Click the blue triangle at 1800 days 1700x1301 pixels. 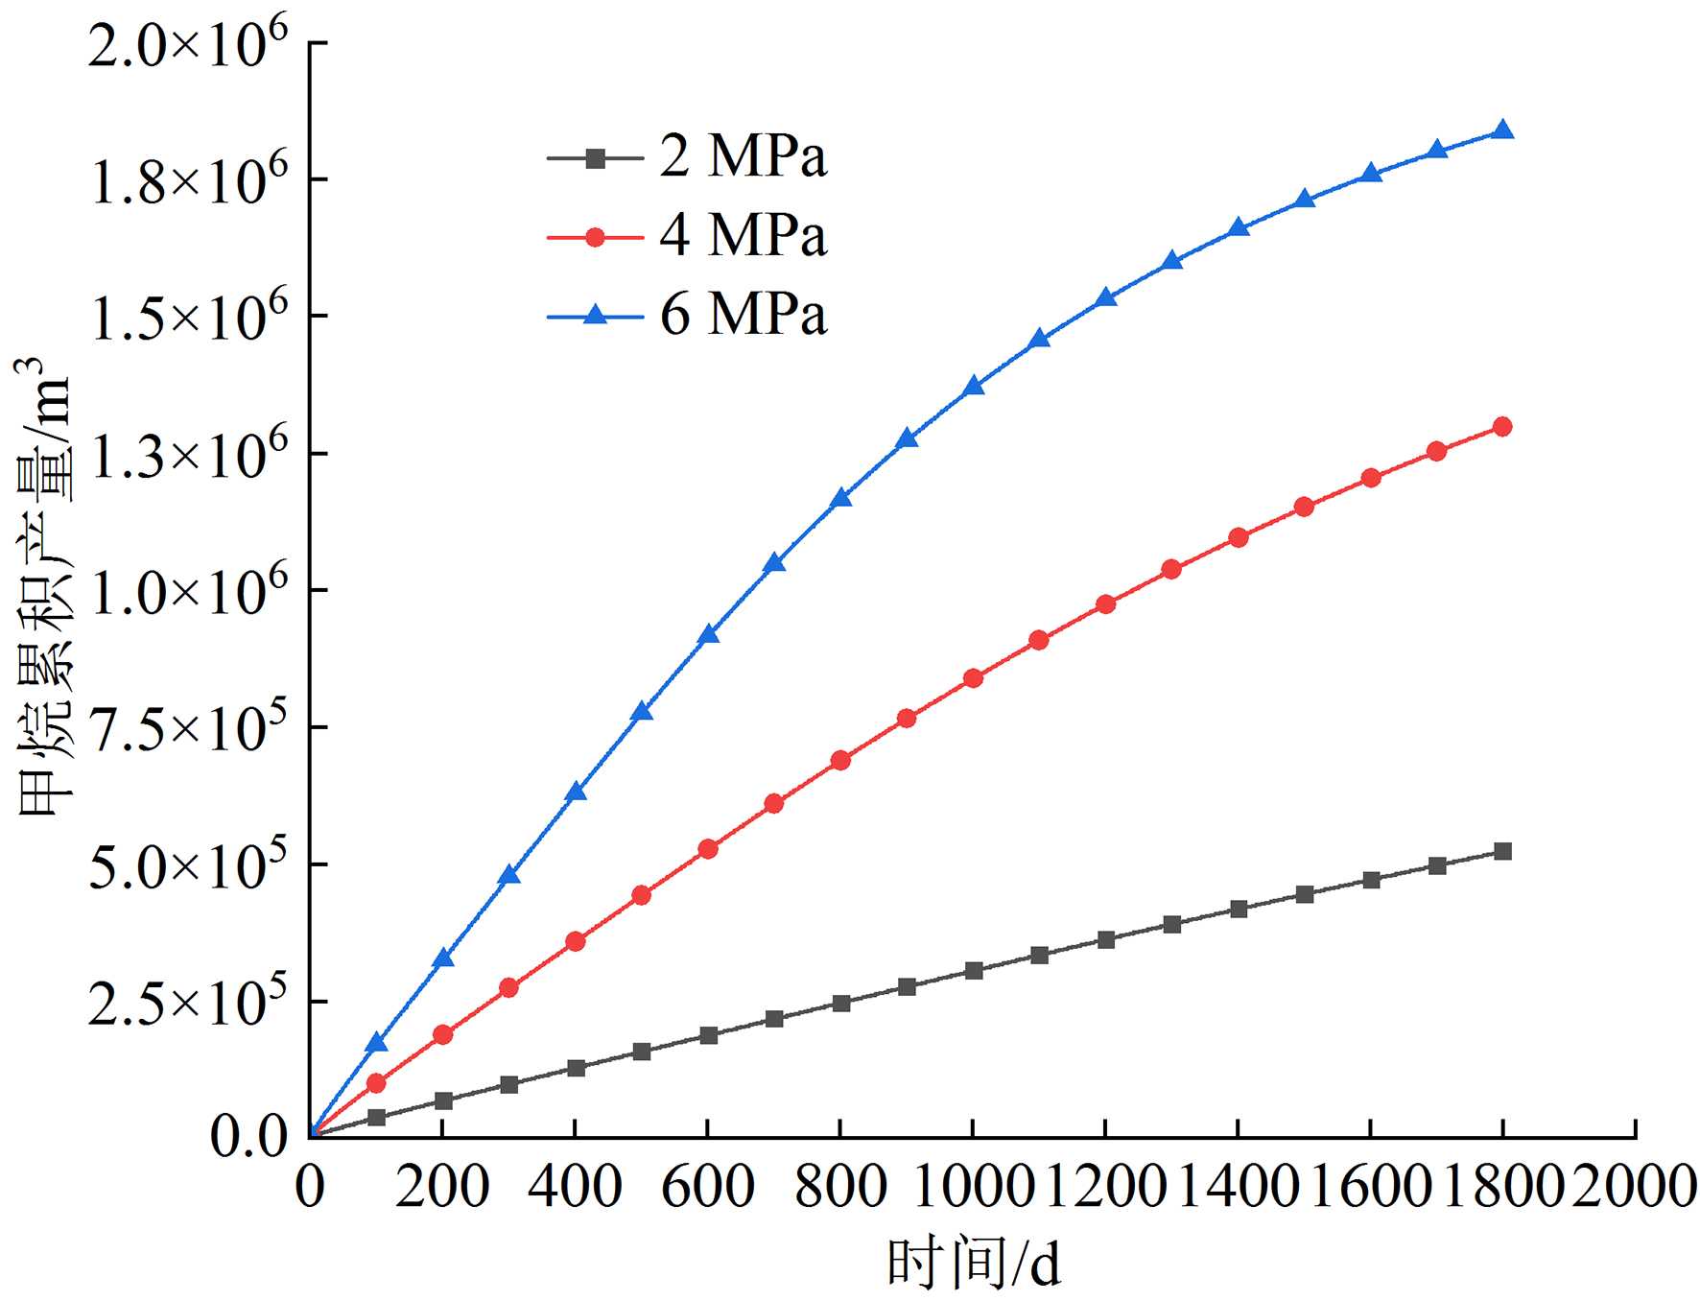coord(1502,130)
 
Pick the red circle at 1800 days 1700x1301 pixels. coord(1502,426)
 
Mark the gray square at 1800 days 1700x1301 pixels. coord(1502,851)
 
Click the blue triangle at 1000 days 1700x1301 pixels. coord(973,386)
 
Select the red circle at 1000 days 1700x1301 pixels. coord(973,678)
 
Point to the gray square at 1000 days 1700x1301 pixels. coord(973,971)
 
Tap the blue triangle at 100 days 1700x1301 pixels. coord(376,1043)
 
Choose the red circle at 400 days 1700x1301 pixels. coord(576,941)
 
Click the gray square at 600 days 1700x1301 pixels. coord(708,1035)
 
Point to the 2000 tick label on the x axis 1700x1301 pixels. coord(1634,1186)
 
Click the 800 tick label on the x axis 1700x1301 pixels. coord(840,1186)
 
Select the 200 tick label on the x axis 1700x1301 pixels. coord(442,1186)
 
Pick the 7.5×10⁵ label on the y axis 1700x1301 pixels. coord(188,729)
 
